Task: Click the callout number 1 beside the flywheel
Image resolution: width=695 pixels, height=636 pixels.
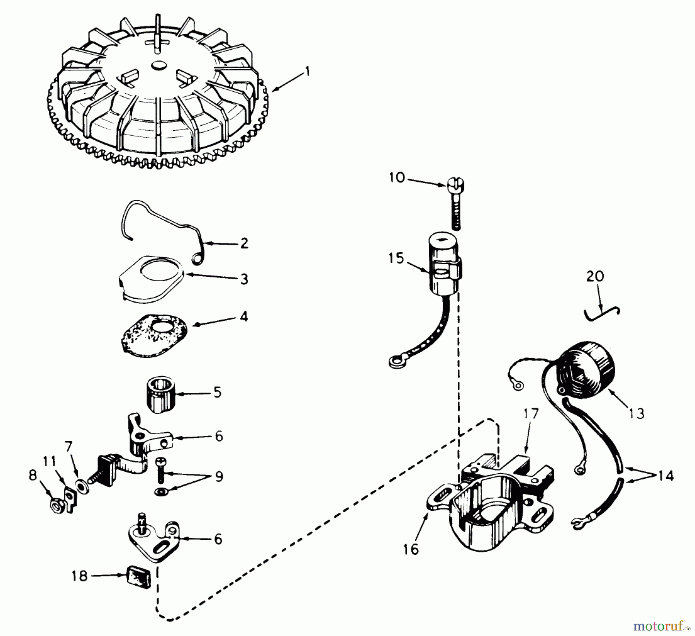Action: tap(307, 72)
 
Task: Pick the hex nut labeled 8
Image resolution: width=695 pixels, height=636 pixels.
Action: tap(58, 507)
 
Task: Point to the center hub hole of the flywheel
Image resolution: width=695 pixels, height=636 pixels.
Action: tap(158, 66)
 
